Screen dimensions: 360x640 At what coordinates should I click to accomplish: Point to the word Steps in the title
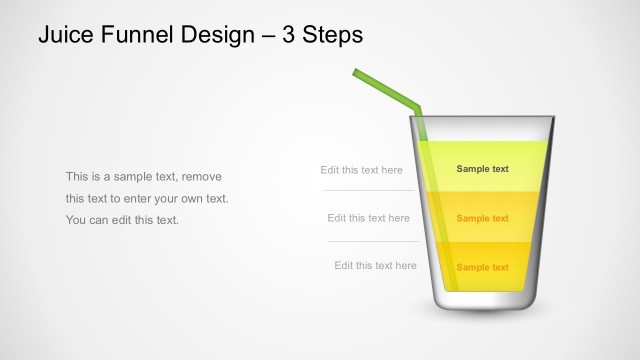tap(336, 35)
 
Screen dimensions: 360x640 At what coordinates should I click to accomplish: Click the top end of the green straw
tap(356, 72)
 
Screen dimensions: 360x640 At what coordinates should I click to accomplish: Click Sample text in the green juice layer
tap(482, 169)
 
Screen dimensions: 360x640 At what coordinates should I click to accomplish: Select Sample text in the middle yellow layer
tap(482, 218)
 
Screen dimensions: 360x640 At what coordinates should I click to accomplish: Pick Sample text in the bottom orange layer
tap(482, 267)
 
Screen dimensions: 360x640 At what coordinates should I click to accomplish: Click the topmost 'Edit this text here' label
tap(361, 170)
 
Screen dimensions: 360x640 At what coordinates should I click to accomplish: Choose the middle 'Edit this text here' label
tap(368, 218)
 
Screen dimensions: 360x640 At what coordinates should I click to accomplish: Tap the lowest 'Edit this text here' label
tap(375, 266)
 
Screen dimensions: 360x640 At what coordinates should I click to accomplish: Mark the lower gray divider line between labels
tap(374, 241)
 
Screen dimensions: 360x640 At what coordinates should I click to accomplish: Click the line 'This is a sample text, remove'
tap(143, 176)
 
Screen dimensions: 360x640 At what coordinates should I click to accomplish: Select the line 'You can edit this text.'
tap(122, 220)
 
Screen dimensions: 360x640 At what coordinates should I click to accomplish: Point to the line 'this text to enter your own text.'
tap(147, 198)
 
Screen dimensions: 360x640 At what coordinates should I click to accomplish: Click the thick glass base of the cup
tap(483, 300)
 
